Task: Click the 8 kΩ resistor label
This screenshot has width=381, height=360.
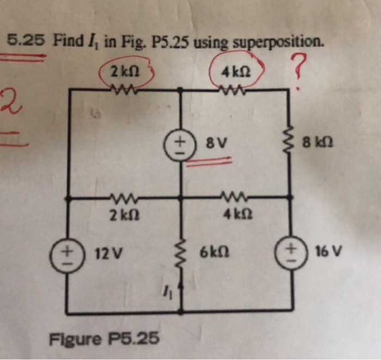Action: (x=318, y=144)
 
